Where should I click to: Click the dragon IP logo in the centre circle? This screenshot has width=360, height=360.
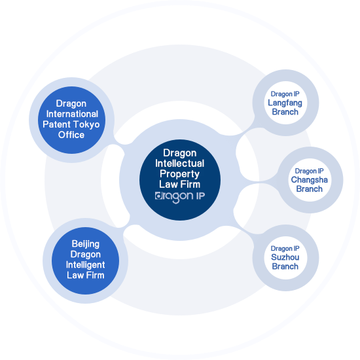click(x=180, y=197)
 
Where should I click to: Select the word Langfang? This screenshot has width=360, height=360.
click(x=285, y=103)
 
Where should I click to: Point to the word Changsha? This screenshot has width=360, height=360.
click(x=309, y=180)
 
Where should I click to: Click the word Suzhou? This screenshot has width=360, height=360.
click(x=285, y=257)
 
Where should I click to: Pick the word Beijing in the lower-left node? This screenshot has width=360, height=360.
click(x=85, y=244)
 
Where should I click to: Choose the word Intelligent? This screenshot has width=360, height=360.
click(x=85, y=265)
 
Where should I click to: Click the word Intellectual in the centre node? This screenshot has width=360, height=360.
click(x=180, y=164)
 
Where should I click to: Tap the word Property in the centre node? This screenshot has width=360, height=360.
click(x=179, y=174)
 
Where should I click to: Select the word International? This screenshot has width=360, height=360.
click(x=72, y=114)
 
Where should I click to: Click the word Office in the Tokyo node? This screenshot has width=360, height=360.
click(x=71, y=135)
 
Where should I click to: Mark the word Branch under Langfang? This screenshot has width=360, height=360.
click(x=285, y=112)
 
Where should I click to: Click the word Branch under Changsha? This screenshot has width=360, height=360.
click(x=309, y=189)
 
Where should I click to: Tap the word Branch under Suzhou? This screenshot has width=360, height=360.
click(x=285, y=266)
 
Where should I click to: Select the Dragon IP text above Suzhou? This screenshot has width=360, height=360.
click(x=285, y=249)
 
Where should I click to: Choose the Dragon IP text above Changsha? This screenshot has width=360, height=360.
click(x=309, y=171)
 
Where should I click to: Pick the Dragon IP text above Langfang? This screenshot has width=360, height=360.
click(x=285, y=94)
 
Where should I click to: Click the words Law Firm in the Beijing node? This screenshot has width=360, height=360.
click(x=85, y=276)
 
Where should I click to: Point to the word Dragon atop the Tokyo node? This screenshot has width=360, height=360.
click(x=71, y=104)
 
